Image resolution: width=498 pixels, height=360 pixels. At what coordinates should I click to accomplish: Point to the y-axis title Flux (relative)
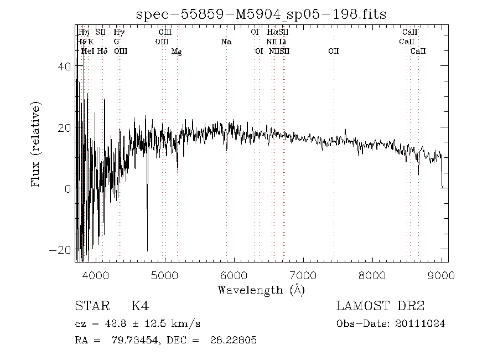tap(37, 143)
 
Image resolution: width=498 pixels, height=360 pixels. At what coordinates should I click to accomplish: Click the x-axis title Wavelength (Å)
tap(261, 290)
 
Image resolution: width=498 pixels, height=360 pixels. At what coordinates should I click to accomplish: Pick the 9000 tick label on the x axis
tap(442, 275)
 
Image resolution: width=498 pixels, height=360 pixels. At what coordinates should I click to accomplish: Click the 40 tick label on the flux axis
tap(64, 66)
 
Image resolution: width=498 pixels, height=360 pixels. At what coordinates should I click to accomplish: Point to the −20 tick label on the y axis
tap(60, 250)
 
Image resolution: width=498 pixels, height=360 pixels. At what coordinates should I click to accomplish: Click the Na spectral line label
tap(226, 42)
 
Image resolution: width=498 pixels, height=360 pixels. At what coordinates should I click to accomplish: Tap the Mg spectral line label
tap(177, 52)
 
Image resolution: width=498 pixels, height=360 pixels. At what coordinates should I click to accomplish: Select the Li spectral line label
tap(283, 42)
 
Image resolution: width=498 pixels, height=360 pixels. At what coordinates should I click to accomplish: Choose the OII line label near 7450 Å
tap(333, 52)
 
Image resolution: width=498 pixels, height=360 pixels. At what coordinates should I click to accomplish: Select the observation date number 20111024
tap(421, 324)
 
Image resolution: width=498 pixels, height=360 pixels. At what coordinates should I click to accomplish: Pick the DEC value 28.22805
tap(233, 341)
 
